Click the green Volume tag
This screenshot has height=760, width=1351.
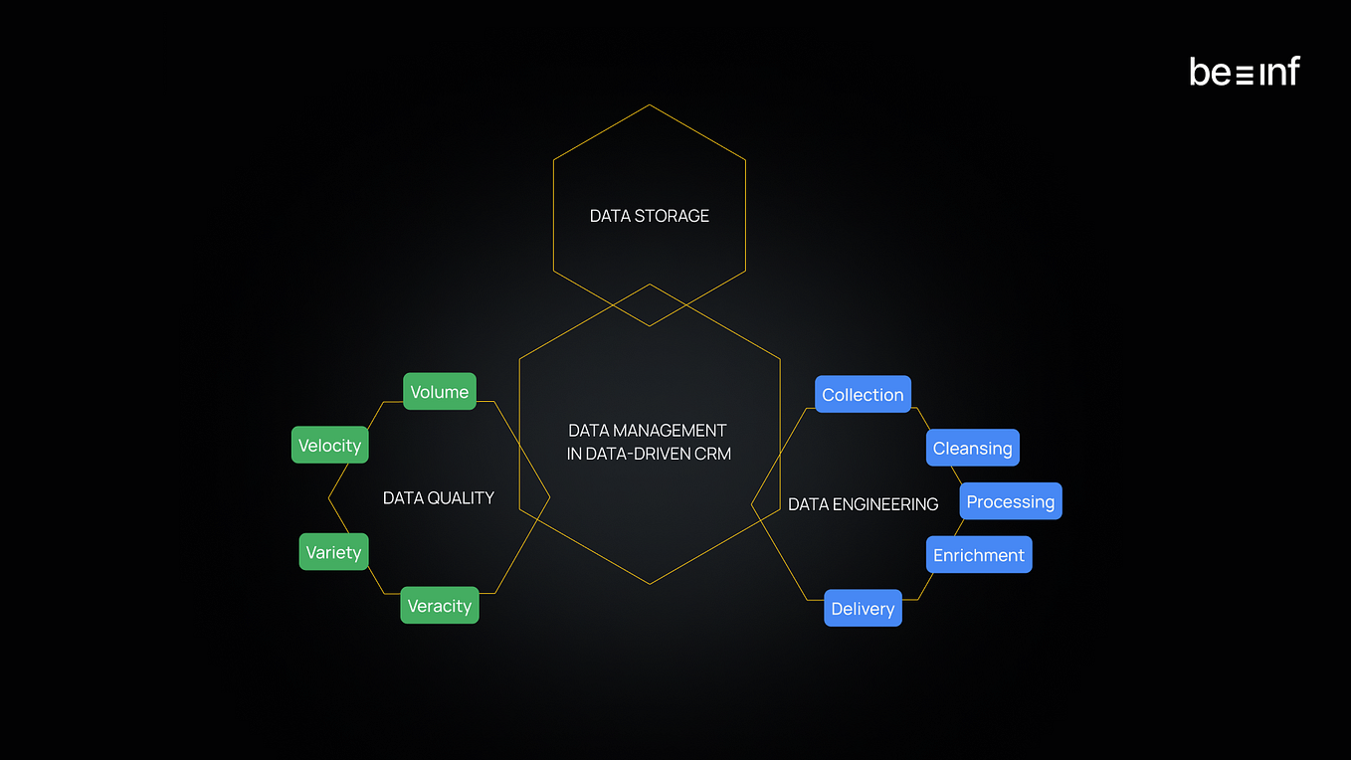tap(440, 392)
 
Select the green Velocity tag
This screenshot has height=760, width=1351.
tap(330, 445)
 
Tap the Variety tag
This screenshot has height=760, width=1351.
tap(333, 552)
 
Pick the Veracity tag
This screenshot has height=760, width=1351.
tap(440, 606)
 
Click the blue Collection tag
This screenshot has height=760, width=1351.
tap(864, 395)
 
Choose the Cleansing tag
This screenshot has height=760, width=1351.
tap(973, 448)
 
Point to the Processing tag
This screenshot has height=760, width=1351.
tap(1011, 501)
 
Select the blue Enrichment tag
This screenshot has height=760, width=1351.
tap(979, 555)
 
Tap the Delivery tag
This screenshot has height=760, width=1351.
tap(864, 608)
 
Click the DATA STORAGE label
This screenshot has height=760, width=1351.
tap(650, 216)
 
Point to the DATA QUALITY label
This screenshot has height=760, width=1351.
tap(439, 498)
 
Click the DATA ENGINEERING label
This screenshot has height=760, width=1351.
tap(864, 504)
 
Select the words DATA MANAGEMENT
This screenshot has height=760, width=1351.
tap(648, 431)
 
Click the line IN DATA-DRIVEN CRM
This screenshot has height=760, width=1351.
tap(649, 454)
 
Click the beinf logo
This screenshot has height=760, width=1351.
tap(1245, 72)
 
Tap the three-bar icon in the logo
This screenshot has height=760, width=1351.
tap(1245, 76)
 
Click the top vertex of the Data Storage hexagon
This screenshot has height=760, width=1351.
tap(650, 105)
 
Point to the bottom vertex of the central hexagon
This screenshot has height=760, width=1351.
tap(650, 584)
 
